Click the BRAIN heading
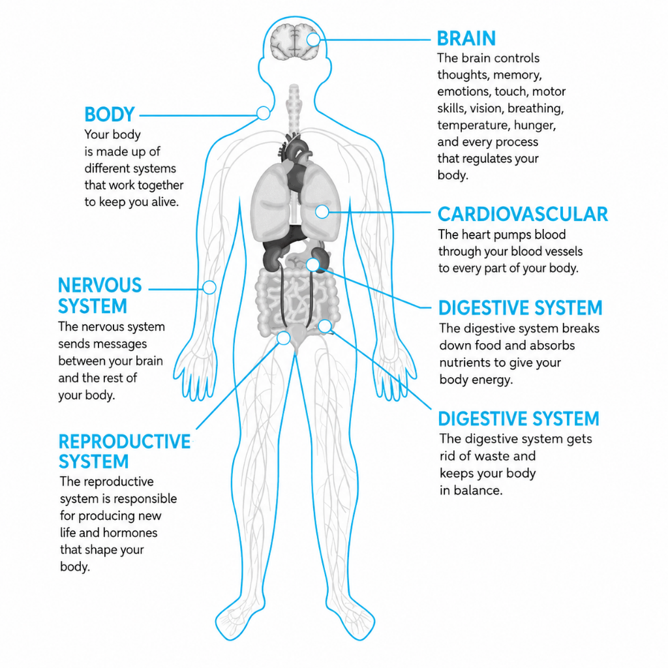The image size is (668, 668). click(x=466, y=38)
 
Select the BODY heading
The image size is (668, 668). click(x=110, y=115)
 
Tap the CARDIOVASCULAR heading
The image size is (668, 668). click(x=523, y=214)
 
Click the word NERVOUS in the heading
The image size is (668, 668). click(x=100, y=286)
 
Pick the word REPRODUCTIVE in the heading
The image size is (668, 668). click(x=125, y=442)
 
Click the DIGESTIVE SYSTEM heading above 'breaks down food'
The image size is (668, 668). click(x=520, y=308)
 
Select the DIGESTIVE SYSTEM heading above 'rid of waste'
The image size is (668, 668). click(x=519, y=419)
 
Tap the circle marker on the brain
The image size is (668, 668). click(x=314, y=40)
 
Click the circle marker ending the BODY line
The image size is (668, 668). click(x=264, y=114)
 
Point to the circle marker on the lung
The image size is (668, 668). click(x=322, y=211)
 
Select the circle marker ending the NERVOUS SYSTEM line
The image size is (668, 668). click(x=209, y=288)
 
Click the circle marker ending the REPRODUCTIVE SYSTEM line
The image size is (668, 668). click(x=283, y=339)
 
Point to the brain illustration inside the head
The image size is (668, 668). click(x=294, y=41)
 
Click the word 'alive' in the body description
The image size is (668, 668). click(x=165, y=202)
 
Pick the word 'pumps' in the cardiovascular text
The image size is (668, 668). click(x=500, y=235)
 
